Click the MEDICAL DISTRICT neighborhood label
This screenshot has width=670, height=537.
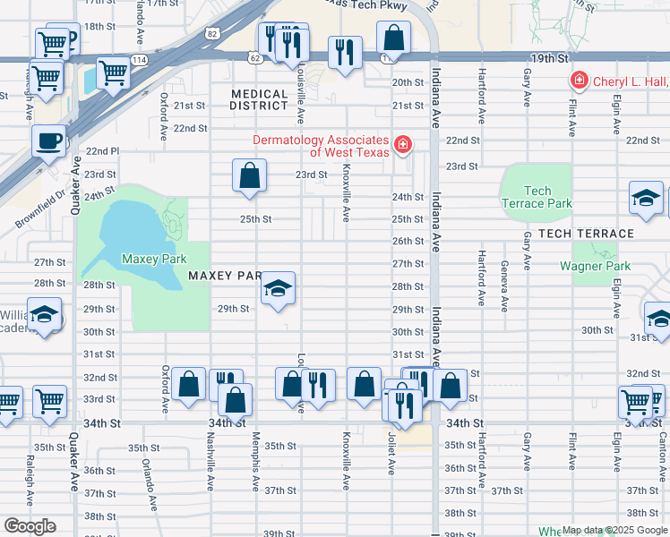click(x=260, y=99)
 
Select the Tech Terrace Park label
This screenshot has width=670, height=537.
click(x=537, y=197)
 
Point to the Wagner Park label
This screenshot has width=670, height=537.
click(x=595, y=266)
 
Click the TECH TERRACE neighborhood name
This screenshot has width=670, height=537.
click(x=579, y=234)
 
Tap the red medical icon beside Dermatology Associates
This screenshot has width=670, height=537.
click(x=403, y=144)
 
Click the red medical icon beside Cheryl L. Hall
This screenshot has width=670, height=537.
click(x=579, y=81)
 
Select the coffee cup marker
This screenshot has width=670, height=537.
click(x=49, y=141)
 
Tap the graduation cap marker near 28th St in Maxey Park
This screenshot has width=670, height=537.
click(x=279, y=289)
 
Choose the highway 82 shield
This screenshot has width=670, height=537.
click(x=211, y=33)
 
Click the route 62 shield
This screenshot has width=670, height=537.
click(x=254, y=58)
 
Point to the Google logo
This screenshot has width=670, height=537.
click(x=30, y=526)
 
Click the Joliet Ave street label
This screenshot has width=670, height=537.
click(x=391, y=456)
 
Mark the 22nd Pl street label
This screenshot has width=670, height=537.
click(x=102, y=151)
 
